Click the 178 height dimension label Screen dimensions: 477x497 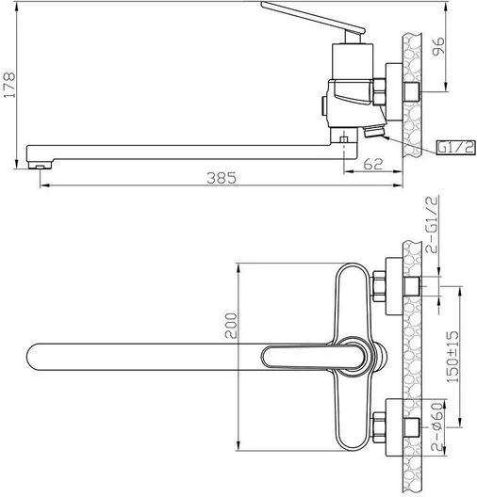click(x=8, y=85)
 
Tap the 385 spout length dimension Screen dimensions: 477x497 click(x=222, y=178)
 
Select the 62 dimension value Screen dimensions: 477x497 click(x=373, y=164)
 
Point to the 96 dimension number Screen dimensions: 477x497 click(x=438, y=46)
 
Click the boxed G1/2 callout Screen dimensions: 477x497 click(x=456, y=147)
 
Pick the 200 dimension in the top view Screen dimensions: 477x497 click(x=231, y=325)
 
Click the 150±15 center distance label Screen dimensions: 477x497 click(x=452, y=357)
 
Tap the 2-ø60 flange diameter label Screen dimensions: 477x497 click(x=437, y=426)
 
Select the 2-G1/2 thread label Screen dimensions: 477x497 click(x=433, y=224)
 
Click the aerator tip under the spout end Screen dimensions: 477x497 click(x=40, y=166)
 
